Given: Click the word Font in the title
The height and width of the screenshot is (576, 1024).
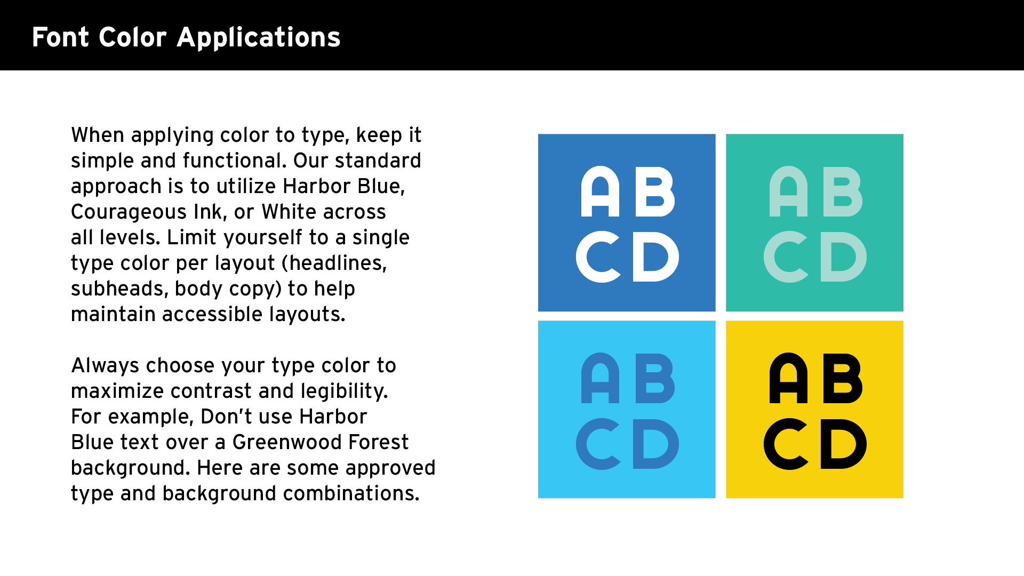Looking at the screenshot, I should coord(60,37).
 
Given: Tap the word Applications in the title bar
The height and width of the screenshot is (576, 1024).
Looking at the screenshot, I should coord(258,37).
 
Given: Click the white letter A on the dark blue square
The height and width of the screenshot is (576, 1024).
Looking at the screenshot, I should coord(600,193).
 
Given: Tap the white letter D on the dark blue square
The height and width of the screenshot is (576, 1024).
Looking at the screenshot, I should coord(655,257).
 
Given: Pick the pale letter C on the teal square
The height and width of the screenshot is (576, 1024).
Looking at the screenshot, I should coord(786,257).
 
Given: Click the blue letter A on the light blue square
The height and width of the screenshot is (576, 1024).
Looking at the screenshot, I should coord(600,379).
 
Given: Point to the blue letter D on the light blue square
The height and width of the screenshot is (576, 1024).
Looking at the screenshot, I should coord(655,444).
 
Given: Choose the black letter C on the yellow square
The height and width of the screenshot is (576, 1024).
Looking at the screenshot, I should coord(786,444).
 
